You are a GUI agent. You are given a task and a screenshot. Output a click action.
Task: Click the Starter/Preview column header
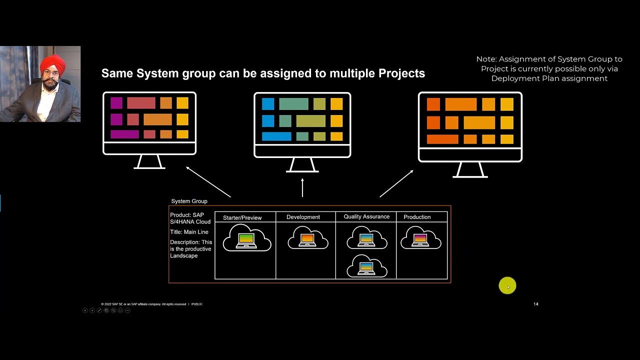(242, 217)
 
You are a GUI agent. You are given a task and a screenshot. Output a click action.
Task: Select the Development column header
(303, 217)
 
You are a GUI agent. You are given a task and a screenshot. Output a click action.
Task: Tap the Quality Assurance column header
(366, 216)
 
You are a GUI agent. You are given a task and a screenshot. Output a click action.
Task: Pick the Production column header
(417, 217)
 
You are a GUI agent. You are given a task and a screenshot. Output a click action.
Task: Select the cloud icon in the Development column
(307, 238)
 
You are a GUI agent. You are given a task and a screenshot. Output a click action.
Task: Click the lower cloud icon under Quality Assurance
(366, 266)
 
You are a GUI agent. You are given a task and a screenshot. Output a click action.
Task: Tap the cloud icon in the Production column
(420, 238)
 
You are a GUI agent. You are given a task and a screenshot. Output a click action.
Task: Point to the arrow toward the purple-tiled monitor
(208, 182)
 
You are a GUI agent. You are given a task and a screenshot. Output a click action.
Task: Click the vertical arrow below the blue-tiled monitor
(302, 187)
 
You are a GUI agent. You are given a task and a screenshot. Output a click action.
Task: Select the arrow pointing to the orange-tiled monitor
(396, 183)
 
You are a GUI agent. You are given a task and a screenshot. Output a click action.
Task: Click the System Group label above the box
(189, 201)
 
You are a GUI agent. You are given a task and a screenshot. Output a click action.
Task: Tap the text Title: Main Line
(189, 232)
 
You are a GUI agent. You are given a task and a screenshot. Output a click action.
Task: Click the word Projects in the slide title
(401, 73)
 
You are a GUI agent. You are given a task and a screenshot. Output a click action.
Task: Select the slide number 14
(535, 304)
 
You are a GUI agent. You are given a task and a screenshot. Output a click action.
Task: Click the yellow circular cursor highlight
(507, 286)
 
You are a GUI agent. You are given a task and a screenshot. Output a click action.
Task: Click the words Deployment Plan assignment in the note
(549, 78)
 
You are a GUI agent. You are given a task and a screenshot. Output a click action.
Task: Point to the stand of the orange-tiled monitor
(470, 170)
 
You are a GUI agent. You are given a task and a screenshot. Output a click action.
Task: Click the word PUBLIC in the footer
(197, 304)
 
